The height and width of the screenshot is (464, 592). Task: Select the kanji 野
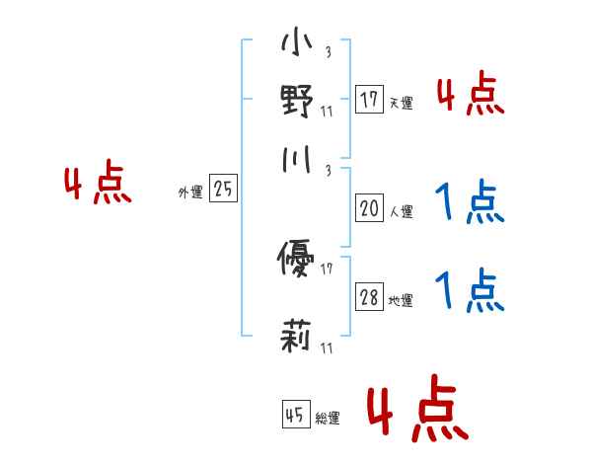[x=296, y=101]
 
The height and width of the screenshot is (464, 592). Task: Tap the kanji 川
[x=296, y=158]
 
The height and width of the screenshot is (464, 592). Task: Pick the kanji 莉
[x=296, y=337]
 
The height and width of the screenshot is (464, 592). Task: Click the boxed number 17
[x=369, y=100]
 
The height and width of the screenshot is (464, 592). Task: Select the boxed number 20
[x=369, y=208]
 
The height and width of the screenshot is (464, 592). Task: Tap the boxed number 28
[x=369, y=299]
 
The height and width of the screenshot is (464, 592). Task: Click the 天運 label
[x=401, y=103]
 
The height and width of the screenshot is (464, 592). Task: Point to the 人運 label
[x=401, y=211]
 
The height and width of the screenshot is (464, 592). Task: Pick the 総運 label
[x=328, y=419]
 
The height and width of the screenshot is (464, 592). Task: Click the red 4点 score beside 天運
[x=470, y=96]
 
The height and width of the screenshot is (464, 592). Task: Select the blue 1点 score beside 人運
[x=470, y=204]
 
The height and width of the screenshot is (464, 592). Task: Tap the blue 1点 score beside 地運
[x=470, y=292]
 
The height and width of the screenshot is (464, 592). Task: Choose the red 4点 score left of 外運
[x=98, y=186]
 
